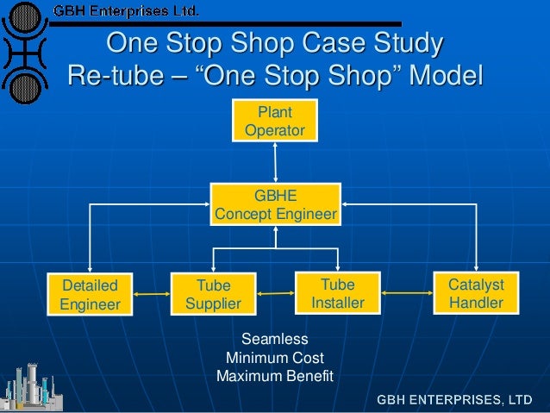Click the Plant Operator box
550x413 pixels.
[275, 121]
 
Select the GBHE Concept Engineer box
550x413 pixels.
[275, 204]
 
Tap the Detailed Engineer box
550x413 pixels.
[90, 293]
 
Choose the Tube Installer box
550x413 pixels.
[337, 293]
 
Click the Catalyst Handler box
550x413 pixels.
[476, 293]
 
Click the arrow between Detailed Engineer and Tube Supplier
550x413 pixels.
[149, 295]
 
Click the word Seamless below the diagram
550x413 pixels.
[274, 339]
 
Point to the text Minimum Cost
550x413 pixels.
[274, 358]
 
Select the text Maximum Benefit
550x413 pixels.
[274, 377]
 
